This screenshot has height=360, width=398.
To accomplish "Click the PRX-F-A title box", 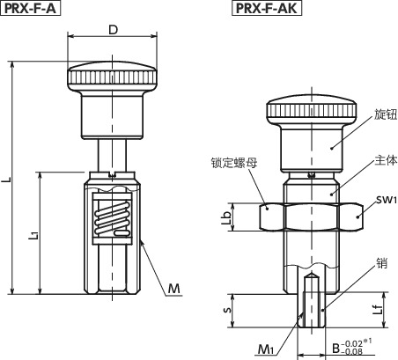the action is tap(31, 8).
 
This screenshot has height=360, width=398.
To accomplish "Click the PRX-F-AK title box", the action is tap(267, 8).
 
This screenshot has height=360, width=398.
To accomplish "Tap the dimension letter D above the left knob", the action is tap(113, 30).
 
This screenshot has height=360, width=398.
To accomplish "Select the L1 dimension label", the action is tap(33, 235).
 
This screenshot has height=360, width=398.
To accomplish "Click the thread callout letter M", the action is tap(173, 289).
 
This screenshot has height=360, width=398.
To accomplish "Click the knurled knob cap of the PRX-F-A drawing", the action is tap(113, 76).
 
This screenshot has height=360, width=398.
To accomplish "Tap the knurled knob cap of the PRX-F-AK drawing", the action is tap(312, 109).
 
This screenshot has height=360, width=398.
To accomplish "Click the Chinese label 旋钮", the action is tap(386, 114).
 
